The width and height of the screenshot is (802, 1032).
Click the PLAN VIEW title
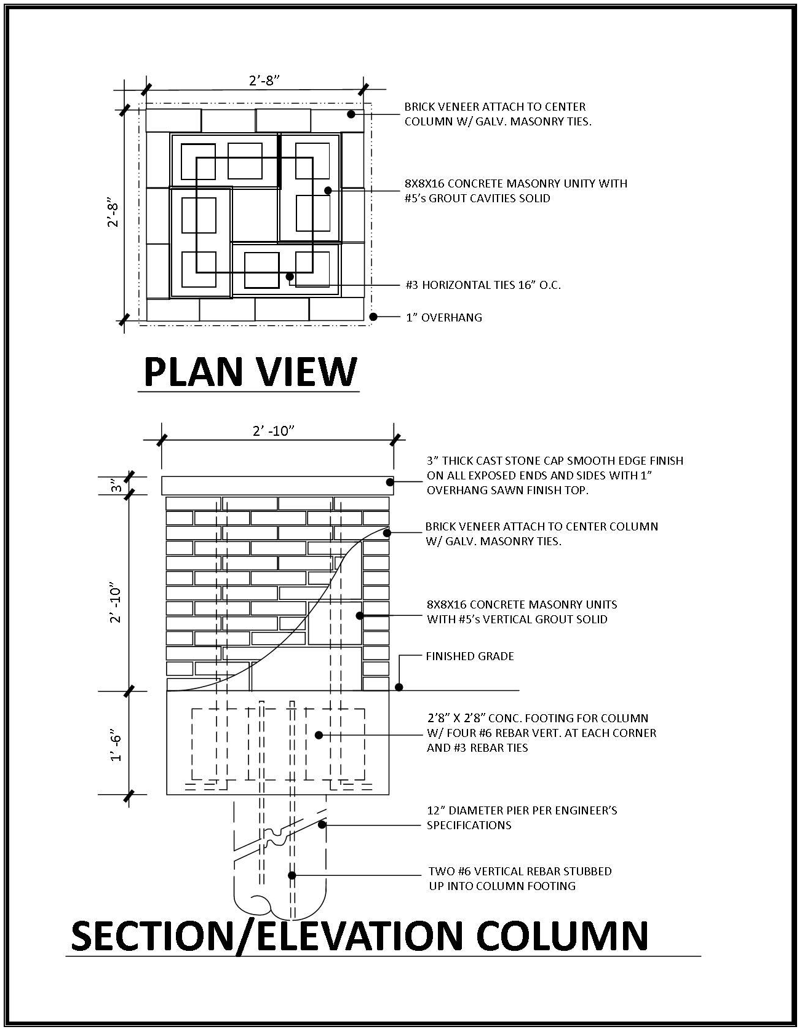[x=250, y=372]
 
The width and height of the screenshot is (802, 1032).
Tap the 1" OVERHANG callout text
[x=444, y=318]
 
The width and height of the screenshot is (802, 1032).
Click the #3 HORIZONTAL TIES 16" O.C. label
[x=483, y=285]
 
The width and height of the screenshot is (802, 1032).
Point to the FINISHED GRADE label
[x=470, y=656]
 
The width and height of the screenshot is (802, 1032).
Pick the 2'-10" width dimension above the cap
[x=274, y=431]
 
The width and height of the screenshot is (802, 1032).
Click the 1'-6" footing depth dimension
[x=116, y=745]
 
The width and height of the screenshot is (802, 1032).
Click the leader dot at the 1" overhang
[x=373, y=317]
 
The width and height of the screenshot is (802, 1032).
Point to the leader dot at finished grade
[x=399, y=687]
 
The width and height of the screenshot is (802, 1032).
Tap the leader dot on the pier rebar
[x=292, y=875]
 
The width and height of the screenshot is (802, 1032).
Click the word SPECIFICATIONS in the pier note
[x=469, y=825]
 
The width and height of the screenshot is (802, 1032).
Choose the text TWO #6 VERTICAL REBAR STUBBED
[x=520, y=871]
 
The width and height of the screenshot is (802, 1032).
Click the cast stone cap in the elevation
[x=277, y=486]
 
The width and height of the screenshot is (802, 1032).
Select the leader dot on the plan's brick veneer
[x=351, y=114]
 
